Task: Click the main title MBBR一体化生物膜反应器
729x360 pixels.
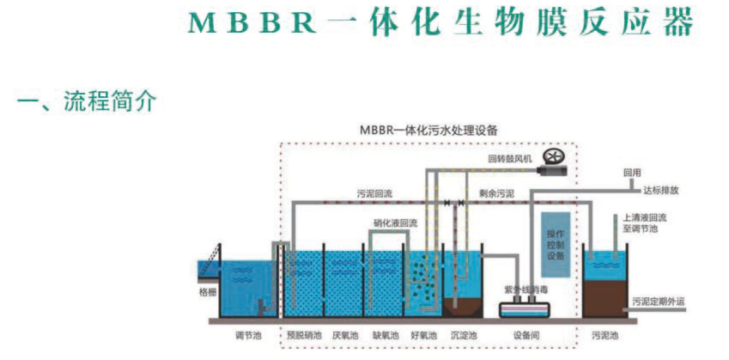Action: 440,23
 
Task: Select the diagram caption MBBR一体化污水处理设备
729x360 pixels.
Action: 429,130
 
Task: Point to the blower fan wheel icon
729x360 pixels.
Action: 556,157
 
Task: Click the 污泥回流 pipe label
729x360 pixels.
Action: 375,194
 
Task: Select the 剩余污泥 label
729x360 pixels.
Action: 496,194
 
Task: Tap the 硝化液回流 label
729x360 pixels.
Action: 394,223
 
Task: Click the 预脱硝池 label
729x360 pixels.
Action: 301,335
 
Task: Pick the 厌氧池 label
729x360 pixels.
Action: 345,335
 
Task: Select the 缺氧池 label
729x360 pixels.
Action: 385,335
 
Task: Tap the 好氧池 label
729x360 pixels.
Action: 424,335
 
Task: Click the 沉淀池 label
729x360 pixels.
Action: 464,335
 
